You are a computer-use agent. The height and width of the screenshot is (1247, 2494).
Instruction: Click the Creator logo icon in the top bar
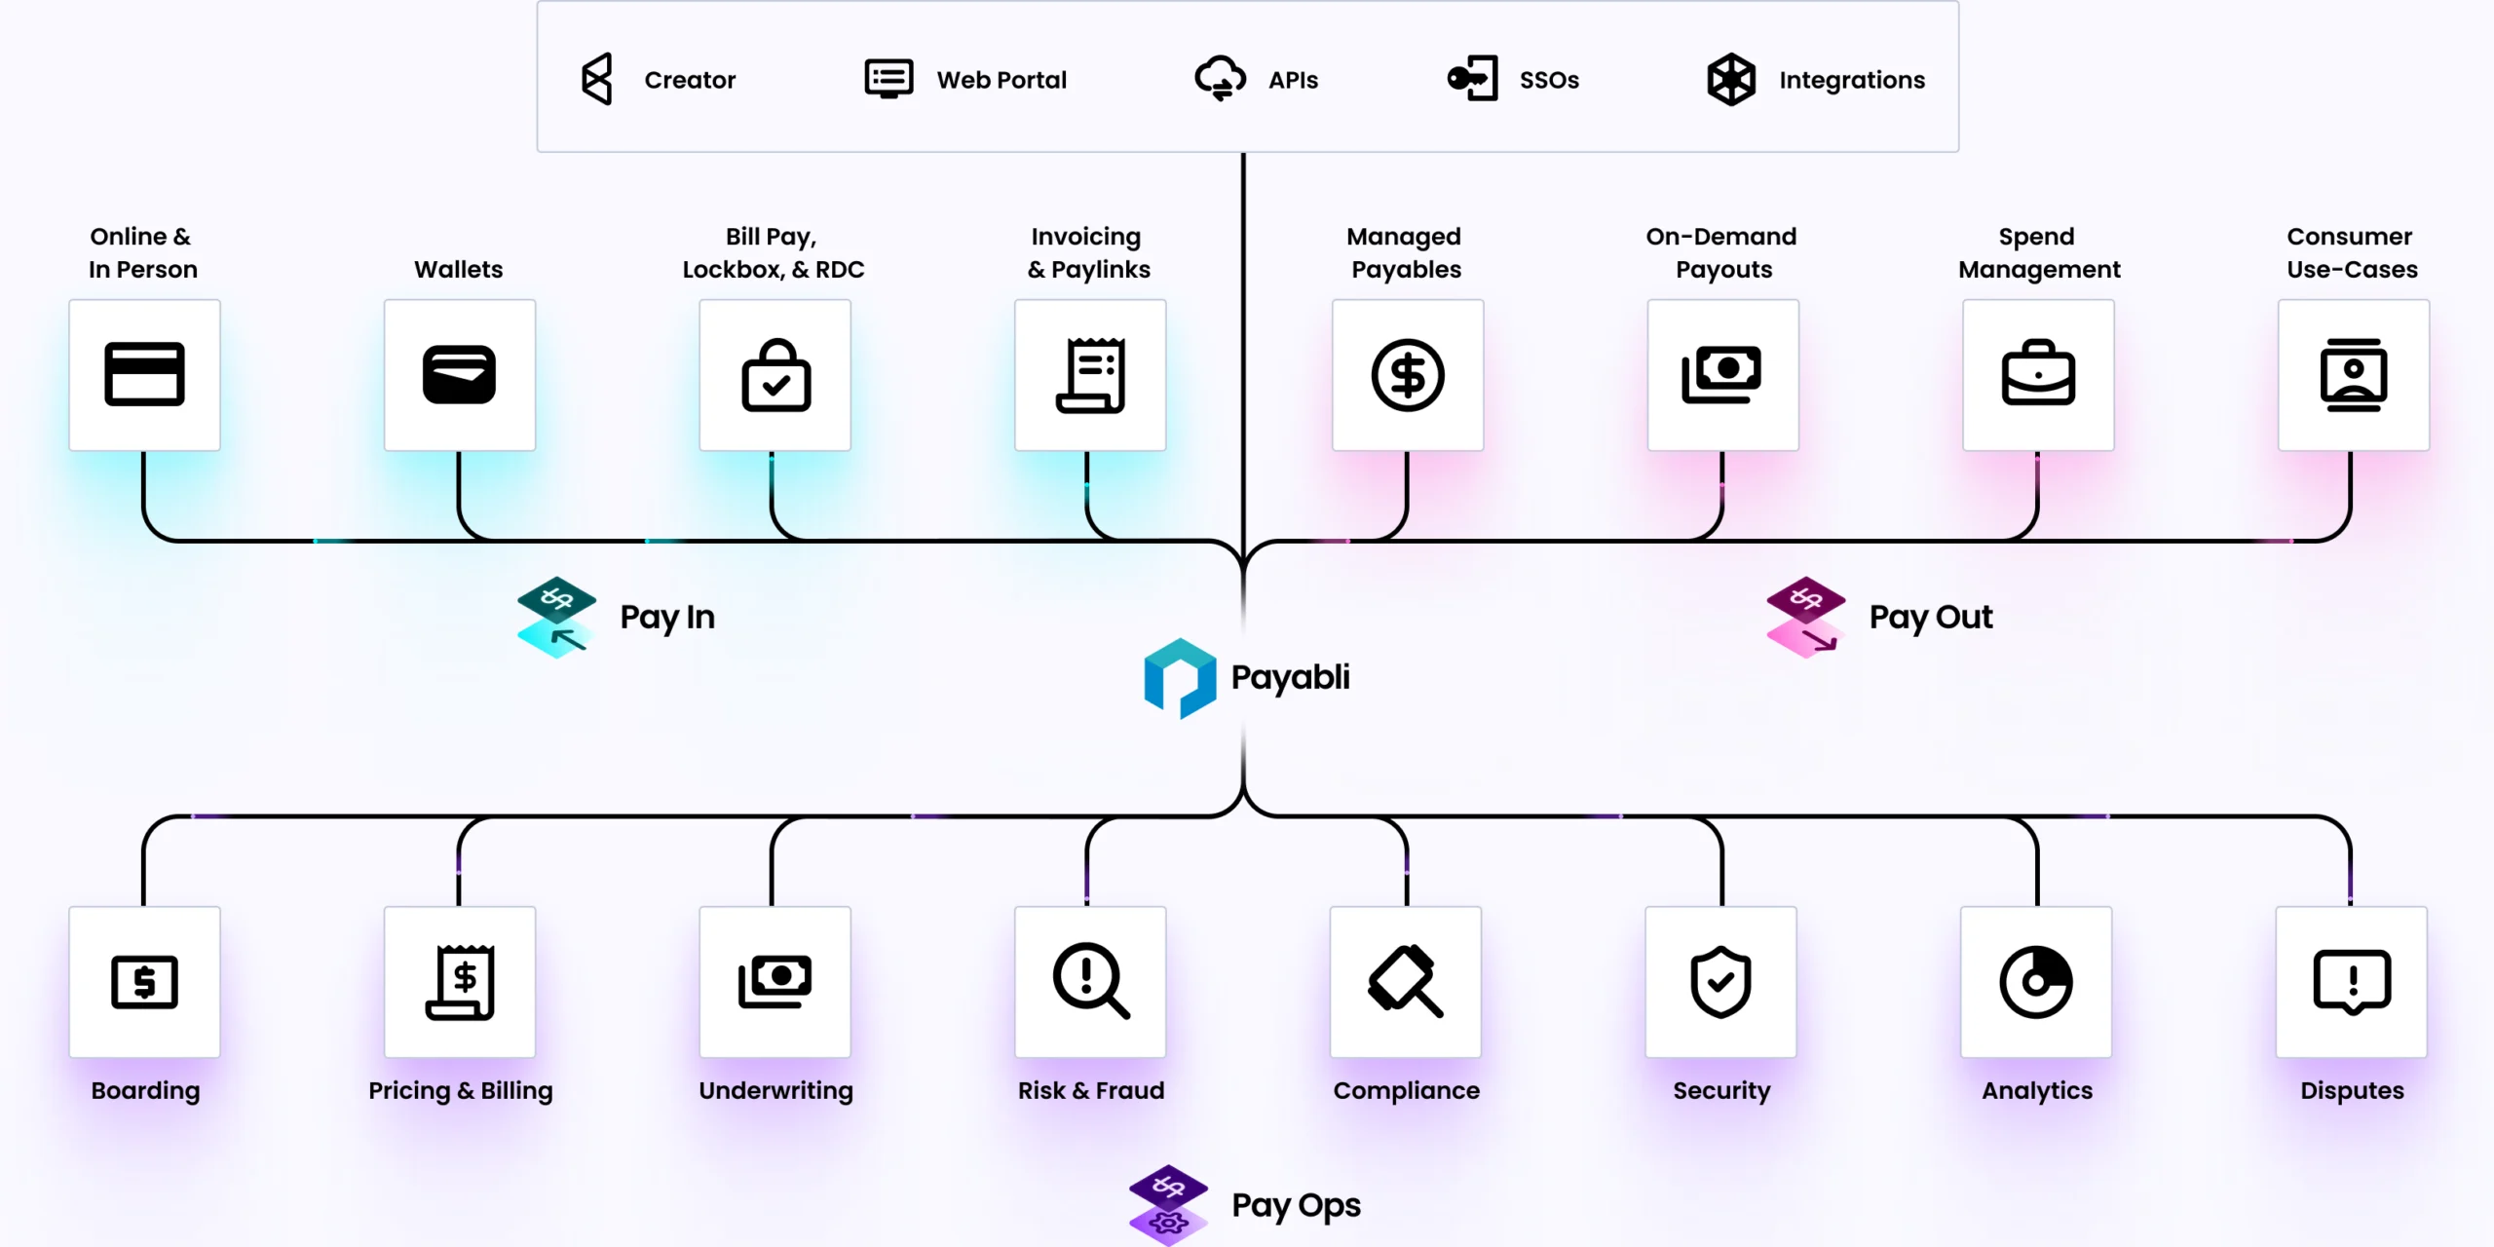[596, 79]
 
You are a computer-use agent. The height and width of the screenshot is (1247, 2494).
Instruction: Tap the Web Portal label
[1001, 80]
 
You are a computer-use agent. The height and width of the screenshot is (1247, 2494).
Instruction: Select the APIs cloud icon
[1220, 79]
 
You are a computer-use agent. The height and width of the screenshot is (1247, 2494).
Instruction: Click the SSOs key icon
[1472, 79]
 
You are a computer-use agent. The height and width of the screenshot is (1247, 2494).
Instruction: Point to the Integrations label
[1851, 80]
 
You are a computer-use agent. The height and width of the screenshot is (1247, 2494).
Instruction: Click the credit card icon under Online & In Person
[144, 374]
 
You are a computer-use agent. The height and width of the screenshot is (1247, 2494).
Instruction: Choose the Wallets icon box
[459, 374]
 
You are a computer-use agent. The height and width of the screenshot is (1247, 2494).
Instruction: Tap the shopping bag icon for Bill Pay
[775, 375]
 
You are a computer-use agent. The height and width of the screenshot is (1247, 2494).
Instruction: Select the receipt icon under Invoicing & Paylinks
[1090, 375]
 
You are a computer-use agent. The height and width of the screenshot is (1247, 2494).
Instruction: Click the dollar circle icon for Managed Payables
[1407, 375]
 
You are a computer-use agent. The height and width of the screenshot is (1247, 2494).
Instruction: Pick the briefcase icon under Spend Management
[2038, 373]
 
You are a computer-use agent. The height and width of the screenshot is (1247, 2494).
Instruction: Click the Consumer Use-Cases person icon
[2353, 375]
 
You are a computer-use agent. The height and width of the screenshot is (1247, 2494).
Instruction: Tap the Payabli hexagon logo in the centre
[1180, 678]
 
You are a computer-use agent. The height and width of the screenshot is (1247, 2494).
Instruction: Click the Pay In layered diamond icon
[556, 618]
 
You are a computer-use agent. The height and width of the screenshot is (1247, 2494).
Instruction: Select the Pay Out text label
[1930, 617]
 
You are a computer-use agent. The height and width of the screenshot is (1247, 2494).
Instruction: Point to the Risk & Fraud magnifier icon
[1090, 981]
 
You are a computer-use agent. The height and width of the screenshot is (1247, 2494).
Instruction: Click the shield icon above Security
[1720, 982]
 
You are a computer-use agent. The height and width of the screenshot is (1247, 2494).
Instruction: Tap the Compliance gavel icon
[1405, 981]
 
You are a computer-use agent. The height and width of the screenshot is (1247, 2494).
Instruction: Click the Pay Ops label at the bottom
[1296, 1205]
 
